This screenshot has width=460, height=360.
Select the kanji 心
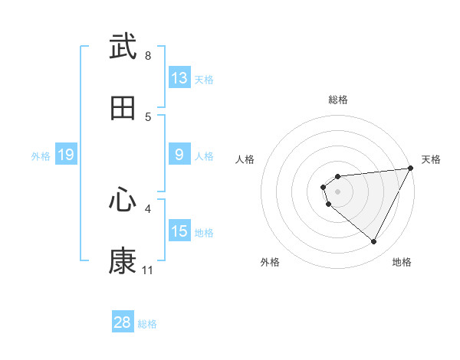click(123, 200)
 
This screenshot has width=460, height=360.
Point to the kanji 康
click(123, 261)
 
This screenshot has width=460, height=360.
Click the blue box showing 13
click(179, 78)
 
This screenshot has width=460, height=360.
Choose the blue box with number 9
click(179, 155)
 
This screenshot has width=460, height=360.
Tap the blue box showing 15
click(179, 232)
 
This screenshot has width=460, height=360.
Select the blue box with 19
click(65, 155)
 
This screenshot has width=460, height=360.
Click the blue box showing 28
click(123, 322)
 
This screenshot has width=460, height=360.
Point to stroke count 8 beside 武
click(148, 56)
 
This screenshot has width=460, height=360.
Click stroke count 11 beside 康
click(147, 270)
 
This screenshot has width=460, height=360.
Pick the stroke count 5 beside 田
click(148, 117)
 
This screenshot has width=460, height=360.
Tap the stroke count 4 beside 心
click(148, 208)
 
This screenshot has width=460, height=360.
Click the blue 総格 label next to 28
click(147, 324)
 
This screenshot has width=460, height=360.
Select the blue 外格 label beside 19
click(41, 156)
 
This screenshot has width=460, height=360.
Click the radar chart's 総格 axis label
click(338, 100)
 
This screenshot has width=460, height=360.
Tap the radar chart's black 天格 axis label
click(431, 159)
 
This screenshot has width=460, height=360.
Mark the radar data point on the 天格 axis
click(410, 169)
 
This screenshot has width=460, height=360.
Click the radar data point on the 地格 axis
click(374, 242)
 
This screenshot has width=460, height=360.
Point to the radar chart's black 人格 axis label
click(245, 159)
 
